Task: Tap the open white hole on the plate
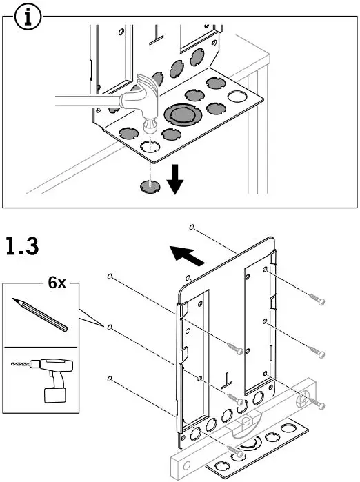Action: [x=237, y=96]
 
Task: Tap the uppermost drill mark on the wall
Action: [x=190, y=227]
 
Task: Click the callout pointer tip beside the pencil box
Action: [x=103, y=324]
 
